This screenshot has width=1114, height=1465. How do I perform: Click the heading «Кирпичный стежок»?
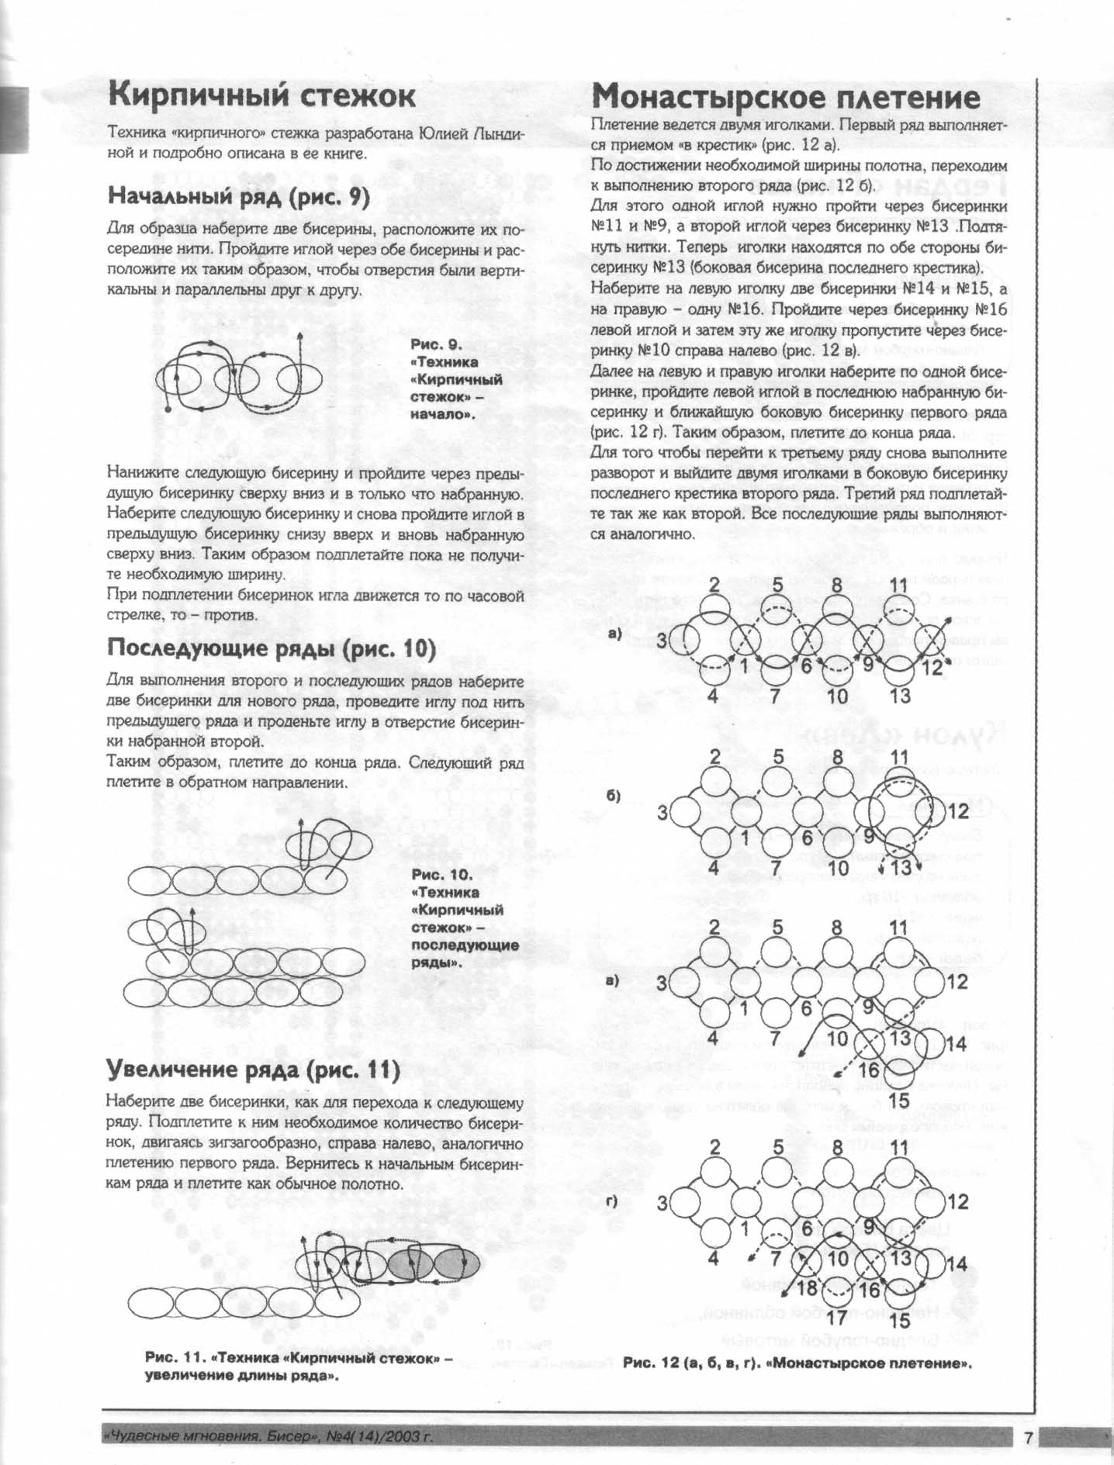(x=261, y=96)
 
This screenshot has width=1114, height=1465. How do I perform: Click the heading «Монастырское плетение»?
(x=785, y=98)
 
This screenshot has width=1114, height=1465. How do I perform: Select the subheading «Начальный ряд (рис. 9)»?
(x=238, y=196)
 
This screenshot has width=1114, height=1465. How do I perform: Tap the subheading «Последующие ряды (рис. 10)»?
(x=272, y=648)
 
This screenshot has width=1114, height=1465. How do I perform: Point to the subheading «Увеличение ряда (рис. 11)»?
(x=253, y=1070)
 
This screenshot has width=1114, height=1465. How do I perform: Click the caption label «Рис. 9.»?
(x=436, y=344)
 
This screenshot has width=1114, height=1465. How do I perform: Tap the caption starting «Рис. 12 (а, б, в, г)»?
(x=797, y=1363)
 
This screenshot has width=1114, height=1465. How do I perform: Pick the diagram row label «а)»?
(x=617, y=634)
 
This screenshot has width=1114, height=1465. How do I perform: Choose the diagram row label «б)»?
(x=614, y=797)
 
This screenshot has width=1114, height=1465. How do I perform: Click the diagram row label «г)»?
(x=613, y=1203)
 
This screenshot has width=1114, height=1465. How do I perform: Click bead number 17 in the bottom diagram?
(x=836, y=1316)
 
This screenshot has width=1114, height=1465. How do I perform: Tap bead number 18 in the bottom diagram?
(x=808, y=1288)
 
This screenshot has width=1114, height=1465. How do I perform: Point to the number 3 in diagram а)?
(x=662, y=641)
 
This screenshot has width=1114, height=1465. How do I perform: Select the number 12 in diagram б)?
(x=958, y=811)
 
